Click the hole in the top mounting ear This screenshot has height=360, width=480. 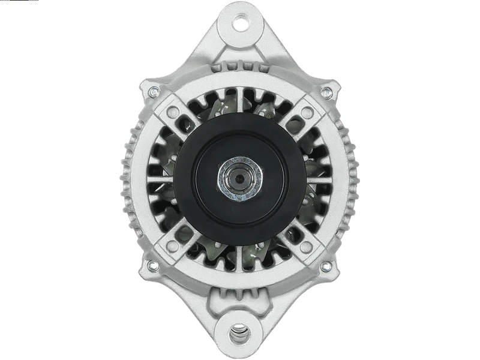(x=244, y=25)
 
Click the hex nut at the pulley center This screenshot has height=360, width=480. (x=239, y=178)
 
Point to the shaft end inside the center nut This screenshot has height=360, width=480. (x=239, y=178)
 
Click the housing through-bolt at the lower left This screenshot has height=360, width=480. (x=152, y=265)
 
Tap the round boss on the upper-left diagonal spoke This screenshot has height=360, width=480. (x=176, y=110)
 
